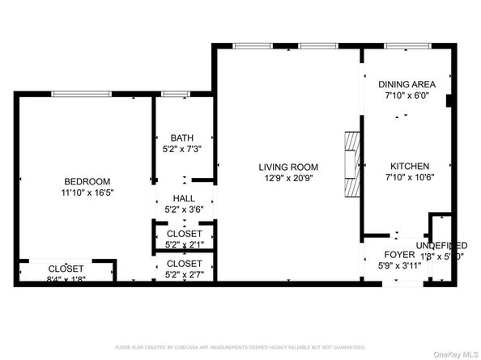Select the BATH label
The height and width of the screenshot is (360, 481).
click(182, 138)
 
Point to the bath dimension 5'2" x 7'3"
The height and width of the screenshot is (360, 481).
click(182, 149)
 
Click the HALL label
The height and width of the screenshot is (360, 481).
click(184, 198)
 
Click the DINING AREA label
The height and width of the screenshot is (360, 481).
click(407, 84)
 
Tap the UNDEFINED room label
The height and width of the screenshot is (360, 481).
click(441, 245)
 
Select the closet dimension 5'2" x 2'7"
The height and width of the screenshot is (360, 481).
click(184, 274)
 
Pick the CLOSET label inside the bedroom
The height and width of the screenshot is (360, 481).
click(66, 269)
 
